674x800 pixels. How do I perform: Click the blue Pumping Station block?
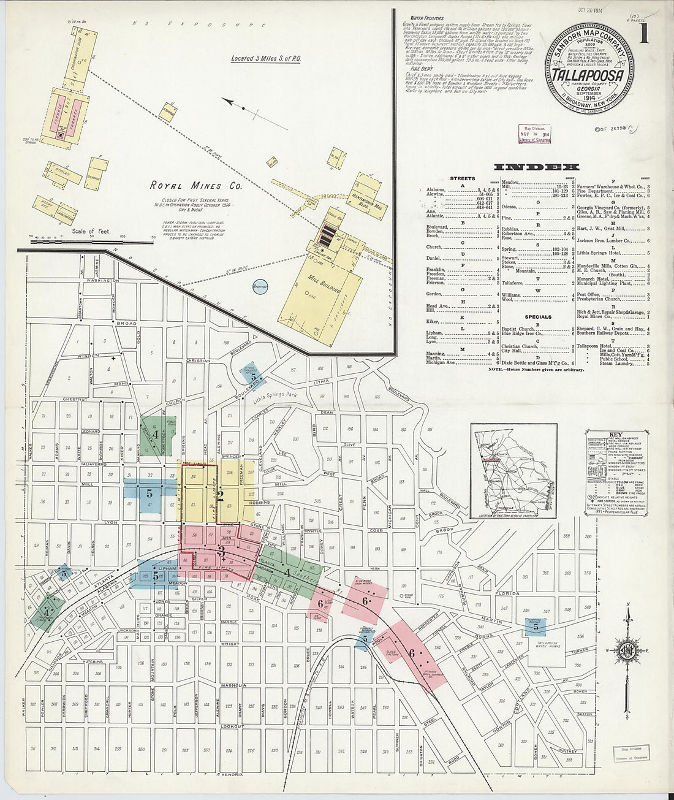[536, 625]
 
